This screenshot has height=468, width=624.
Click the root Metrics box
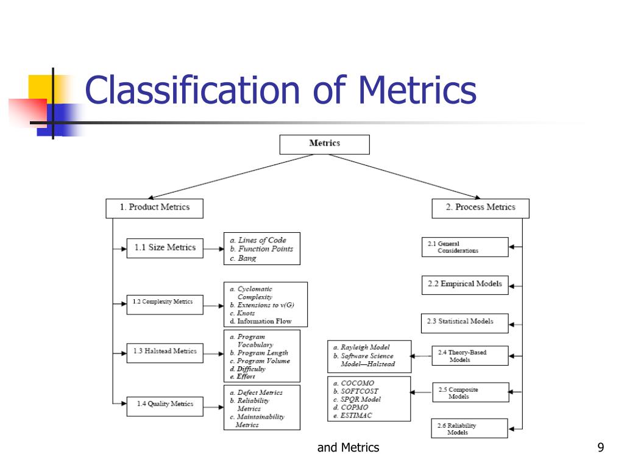point(324,144)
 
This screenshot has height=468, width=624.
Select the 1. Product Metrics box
point(154,208)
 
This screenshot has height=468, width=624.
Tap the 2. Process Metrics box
point(480,208)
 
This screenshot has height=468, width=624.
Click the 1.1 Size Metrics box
point(165,247)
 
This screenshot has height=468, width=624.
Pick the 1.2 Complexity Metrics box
point(165,302)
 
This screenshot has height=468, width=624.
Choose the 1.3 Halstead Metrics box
point(165,352)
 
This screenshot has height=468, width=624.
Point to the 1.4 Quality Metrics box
point(165,404)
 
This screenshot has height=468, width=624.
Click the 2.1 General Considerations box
point(464,247)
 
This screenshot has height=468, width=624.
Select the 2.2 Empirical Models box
point(464,284)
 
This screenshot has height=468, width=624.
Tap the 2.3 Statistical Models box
point(464,322)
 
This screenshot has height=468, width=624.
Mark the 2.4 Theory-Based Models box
point(469,356)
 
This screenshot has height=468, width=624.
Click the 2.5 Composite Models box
point(470,393)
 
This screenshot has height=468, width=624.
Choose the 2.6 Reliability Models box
point(469,429)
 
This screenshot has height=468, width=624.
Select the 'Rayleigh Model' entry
point(365,347)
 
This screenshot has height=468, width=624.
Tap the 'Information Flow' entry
point(264,321)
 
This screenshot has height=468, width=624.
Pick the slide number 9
point(601,448)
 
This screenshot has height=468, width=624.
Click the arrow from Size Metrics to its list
point(213,249)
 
